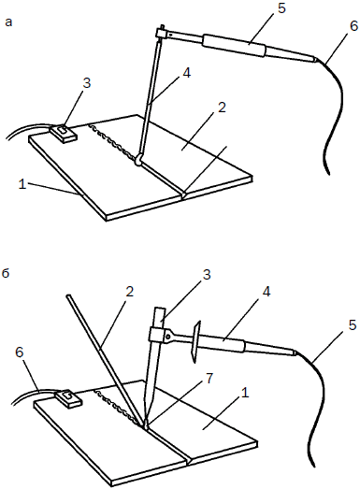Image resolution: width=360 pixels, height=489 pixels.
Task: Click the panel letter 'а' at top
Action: (x=9, y=22)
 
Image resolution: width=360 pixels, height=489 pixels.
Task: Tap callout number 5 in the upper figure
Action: (x=281, y=8)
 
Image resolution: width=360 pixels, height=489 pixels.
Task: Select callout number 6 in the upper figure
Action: (x=353, y=26)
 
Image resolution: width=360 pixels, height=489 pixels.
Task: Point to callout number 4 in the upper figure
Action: (x=187, y=73)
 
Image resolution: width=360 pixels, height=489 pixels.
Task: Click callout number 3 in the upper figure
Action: (x=86, y=83)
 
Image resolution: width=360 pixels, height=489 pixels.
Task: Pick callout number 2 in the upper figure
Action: (x=222, y=108)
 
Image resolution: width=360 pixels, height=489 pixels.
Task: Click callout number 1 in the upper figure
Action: (x=22, y=184)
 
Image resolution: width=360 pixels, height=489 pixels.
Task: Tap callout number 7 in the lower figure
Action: (x=209, y=378)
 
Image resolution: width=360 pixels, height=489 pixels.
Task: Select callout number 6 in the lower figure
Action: (x=19, y=352)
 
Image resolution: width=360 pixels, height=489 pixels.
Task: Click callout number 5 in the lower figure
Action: (x=352, y=325)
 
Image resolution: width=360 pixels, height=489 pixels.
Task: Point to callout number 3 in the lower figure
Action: (x=207, y=275)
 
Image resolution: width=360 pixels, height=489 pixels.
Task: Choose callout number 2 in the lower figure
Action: (x=129, y=292)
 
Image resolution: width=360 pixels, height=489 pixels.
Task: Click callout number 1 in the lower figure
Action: (x=246, y=394)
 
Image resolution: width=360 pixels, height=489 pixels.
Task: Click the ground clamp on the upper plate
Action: (x=64, y=133)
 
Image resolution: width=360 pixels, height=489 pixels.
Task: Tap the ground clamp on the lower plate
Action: (x=68, y=398)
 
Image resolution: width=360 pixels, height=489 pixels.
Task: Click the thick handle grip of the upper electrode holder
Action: (x=234, y=45)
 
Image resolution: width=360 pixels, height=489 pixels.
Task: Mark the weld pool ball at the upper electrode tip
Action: (x=138, y=161)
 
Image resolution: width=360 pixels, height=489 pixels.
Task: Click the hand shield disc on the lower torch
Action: (x=195, y=342)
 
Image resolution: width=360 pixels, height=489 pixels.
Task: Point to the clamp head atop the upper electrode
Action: (x=161, y=33)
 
